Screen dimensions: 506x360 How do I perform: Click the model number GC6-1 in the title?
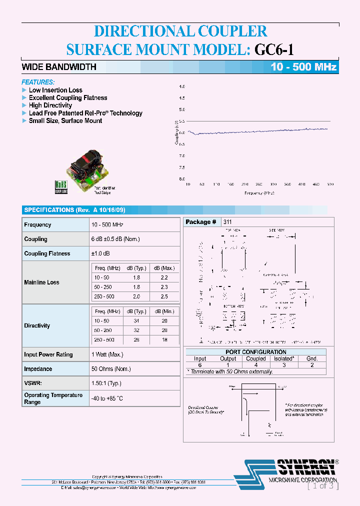(274, 49)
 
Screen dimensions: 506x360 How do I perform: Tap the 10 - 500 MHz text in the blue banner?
(303, 67)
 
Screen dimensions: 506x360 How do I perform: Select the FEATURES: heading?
(38, 82)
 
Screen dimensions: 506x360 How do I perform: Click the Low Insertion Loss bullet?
(55, 90)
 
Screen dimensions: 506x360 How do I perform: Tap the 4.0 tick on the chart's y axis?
(182, 86)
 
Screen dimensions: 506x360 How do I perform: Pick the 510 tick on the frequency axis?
(330, 184)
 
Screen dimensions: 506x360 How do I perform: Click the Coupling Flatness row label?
(47, 253)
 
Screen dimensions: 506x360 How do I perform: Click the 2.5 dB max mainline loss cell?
(163, 297)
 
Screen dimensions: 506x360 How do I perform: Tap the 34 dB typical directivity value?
(136, 320)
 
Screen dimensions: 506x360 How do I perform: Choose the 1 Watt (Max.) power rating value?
(107, 354)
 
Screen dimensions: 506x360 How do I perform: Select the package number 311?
(227, 222)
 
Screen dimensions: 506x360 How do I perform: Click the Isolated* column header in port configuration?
(284, 358)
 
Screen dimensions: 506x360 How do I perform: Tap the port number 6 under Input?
(200, 365)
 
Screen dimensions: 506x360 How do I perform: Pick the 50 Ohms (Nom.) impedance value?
(111, 369)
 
